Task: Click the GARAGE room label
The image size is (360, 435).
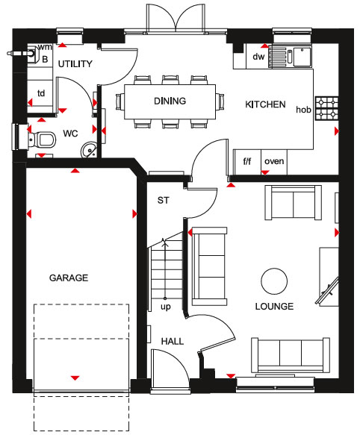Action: pos(69,278)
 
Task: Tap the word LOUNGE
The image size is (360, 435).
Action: pos(274,306)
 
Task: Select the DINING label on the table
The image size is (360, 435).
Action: pos(170,101)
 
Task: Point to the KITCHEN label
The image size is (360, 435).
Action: pos(265,104)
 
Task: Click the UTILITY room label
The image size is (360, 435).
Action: pos(75,64)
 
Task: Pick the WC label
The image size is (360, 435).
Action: pos(70,134)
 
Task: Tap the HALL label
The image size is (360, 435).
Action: pos(173,341)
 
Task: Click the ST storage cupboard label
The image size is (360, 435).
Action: pos(163,200)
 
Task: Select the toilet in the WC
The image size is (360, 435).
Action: pos(43,140)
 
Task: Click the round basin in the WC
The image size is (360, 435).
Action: pos(89,150)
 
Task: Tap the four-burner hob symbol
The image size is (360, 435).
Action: pos(327,108)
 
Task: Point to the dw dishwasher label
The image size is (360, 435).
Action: pos(258,57)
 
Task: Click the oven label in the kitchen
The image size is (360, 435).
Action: pos(274,161)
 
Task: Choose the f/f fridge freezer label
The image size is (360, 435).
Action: pos(247,161)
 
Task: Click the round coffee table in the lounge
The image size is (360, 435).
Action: pos(274,281)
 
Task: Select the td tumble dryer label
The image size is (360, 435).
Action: pos(41,93)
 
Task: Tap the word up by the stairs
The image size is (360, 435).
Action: pos(166,307)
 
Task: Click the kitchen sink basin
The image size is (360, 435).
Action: pos(302,57)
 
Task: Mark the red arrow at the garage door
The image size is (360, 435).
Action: pos(75,378)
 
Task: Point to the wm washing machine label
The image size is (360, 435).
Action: pos(45,47)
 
